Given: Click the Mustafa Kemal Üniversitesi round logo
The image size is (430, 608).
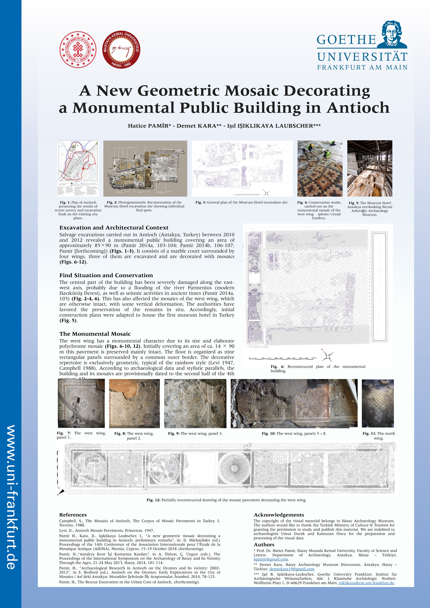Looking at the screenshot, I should tap(121, 49).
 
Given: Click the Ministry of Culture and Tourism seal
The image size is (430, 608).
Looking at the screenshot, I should tap(78, 49).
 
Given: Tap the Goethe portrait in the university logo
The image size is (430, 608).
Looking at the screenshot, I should tap(391, 35).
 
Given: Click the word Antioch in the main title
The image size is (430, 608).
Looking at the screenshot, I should tap(358, 108).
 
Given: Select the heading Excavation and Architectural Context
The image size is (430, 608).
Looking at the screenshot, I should tap(114, 228).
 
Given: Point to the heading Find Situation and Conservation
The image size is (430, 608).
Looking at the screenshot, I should tap(106, 275).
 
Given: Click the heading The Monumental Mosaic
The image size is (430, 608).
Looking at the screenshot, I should tap(95, 334).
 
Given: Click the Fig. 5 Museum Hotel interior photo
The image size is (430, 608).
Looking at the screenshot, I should tap(370, 169).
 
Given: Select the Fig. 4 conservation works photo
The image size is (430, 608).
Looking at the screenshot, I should tap(320, 169).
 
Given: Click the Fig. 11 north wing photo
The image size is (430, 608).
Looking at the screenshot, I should tap(378, 403).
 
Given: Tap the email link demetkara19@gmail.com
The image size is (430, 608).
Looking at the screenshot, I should tap(292, 569).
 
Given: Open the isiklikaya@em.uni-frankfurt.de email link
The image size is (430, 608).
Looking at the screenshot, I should tap(366, 583).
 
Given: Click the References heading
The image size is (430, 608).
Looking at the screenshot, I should tap(73, 515).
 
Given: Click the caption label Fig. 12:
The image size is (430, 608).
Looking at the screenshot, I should tap(153, 500).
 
